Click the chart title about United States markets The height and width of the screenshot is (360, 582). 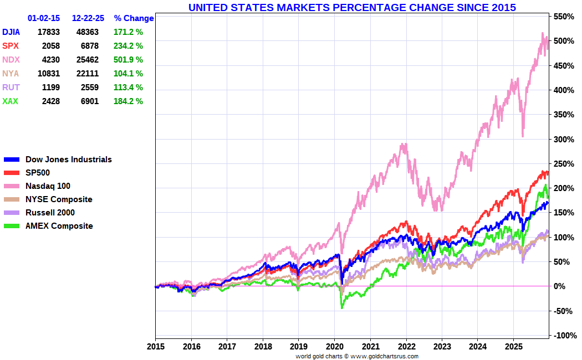coord(352,7)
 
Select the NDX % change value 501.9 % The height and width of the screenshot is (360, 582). coord(128,60)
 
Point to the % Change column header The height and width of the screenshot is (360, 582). coord(134,18)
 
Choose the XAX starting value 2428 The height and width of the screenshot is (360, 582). coord(49,101)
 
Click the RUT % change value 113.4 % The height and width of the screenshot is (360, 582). coord(128,88)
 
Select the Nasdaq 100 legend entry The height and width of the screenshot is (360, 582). coord(48,186)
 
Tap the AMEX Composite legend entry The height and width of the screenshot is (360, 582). coord(59,226)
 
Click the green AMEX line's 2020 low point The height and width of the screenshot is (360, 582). coord(341,308)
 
